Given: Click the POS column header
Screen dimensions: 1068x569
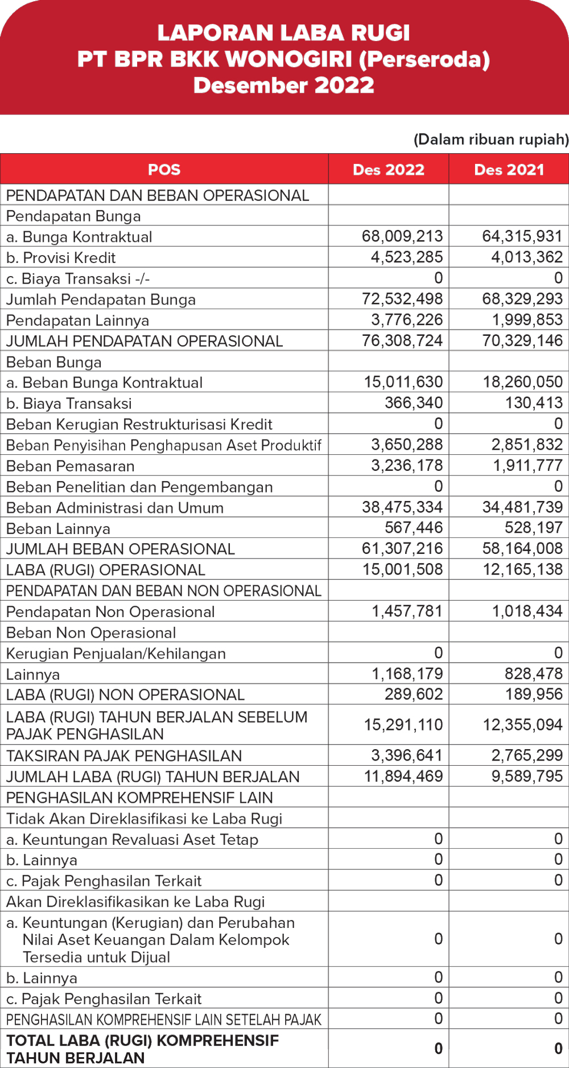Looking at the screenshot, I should pyautogui.click(x=164, y=170).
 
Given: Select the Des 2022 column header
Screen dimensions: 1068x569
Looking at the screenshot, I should pyautogui.click(x=389, y=170).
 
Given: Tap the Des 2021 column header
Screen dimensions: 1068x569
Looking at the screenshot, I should pyautogui.click(x=509, y=170).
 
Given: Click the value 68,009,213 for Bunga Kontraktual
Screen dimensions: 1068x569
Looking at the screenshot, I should pyautogui.click(x=402, y=236).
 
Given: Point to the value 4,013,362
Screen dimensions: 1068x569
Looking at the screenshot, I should pyautogui.click(x=527, y=257).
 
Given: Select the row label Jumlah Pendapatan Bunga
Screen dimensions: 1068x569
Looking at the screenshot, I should pyautogui.click(x=101, y=299).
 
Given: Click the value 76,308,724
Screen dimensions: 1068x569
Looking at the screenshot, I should pyautogui.click(x=402, y=340).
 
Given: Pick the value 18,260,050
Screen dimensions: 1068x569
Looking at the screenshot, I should pyautogui.click(x=523, y=382).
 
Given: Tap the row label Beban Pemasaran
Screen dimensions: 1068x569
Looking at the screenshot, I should pyautogui.click(x=71, y=466).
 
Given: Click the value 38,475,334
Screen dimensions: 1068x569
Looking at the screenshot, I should pyautogui.click(x=402, y=507).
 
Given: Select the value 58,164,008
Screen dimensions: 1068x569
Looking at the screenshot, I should pyautogui.click(x=523, y=549).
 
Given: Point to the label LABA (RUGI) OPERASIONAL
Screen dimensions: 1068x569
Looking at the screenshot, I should pyautogui.click(x=106, y=570).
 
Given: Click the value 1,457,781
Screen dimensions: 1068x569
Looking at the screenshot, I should pyautogui.click(x=407, y=611).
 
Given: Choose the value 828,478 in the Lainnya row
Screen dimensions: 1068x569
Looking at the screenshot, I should pyautogui.click(x=534, y=674).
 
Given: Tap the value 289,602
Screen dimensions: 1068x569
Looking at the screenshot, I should pyautogui.click(x=414, y=695).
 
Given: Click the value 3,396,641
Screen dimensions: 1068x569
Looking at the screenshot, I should pyautogui.click(x=407, y=755).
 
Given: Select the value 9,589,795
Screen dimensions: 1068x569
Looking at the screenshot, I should pyautogui.click(x=527, y=777).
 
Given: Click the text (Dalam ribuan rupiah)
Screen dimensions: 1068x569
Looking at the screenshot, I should pyautogui.click(x=491, y=139).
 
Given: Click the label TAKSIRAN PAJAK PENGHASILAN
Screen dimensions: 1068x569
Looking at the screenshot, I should pyautogui.click(x=124, y=756).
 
